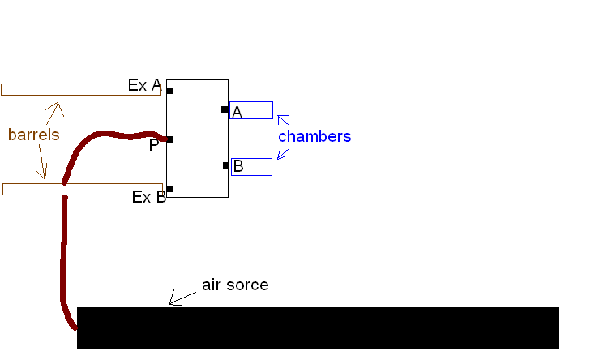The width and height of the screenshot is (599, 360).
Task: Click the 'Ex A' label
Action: click(x=145, y=85)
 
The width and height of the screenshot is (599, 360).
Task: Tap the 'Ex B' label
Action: click(x=149, y=197)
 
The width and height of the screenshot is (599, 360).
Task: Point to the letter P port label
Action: click(x=154, y=145)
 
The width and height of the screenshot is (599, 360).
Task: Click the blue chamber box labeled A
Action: click(x=252, y=110)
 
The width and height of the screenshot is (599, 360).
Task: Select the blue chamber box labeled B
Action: click(x=252, y=167)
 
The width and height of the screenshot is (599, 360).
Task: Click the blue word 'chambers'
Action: click(x=314, y=136)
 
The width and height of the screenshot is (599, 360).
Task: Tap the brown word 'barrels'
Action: click(x=34, y=135)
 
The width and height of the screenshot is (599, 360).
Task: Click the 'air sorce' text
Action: click(x=235, y=285)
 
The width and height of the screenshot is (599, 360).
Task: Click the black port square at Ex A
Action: click(x=169, y=90)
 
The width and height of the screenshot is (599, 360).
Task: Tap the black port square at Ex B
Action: click(x=169, y=189)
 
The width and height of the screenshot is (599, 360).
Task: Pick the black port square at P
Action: click(x=169, y=139)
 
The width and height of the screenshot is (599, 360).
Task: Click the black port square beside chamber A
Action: click(x=225, y=109)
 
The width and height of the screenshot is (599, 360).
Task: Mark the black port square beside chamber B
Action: click(x=226, y=165)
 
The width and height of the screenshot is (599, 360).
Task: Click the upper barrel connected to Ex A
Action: click(x=81, y=89)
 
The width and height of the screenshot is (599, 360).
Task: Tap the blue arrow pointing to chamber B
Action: click(x=284, y=152)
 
